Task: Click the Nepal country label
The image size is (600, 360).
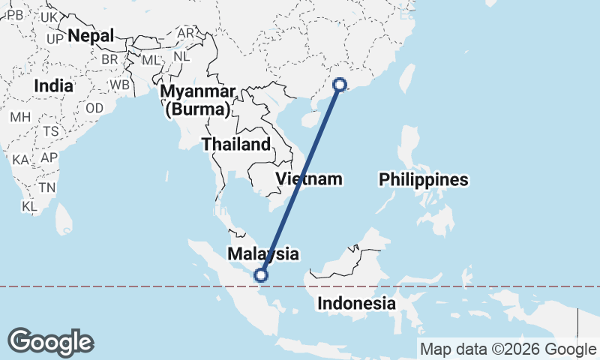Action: [91, 35]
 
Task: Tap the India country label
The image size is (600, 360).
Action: [53, 85]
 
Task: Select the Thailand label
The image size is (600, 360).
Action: [235, 144]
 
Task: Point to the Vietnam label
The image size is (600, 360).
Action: [309, 179]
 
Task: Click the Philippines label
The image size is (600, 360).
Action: [423, 180]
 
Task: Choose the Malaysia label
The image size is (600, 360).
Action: [263, 253]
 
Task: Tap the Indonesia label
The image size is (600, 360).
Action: [355, 304]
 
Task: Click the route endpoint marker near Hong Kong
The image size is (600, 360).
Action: [340, 85]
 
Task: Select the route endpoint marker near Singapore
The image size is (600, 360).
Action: [261, 275]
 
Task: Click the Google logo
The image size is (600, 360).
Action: [51, 342]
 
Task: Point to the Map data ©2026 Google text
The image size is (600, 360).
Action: [508, 349]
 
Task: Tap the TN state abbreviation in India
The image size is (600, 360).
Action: [48, 187]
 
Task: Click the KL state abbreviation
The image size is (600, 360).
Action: [30, 205]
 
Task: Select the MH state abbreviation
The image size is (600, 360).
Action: [20, 117]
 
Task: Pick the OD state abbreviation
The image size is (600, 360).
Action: [94, 108]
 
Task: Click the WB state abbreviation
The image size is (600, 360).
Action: [120, 85]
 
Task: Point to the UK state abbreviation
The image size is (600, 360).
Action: [50, 17]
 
